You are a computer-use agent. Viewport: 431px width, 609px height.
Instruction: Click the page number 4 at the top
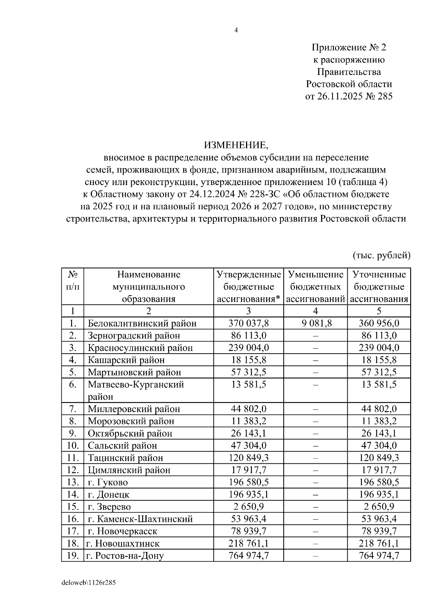tap(236, 30)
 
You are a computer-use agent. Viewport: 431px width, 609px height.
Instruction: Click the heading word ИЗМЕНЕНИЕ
tap(236, 145)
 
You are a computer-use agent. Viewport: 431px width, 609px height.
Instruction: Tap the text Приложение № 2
tap(349, 47)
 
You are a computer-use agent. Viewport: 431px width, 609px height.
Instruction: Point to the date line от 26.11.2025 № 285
tap(349, 96)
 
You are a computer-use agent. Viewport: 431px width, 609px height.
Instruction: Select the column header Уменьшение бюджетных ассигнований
tap(315, 287)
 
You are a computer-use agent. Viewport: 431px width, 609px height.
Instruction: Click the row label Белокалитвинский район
tap(142, 324)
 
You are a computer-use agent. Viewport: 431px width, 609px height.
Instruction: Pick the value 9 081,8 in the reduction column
tap(315, 324)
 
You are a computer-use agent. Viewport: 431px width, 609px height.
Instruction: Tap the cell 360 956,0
tap(379, 324)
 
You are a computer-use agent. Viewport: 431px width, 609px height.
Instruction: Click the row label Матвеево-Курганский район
tap(136, 390)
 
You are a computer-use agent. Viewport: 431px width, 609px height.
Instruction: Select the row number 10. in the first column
tap(73, 445)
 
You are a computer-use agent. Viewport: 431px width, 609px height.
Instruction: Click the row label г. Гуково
tap(108, 482)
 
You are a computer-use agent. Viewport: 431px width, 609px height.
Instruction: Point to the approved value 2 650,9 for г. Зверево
tap(249, 506)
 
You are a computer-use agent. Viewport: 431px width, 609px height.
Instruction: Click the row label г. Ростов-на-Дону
tap(125, 556)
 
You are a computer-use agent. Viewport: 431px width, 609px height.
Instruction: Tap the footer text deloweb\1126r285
tap(88, 583)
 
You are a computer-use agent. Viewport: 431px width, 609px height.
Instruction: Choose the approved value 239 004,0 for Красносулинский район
tap(249, 348)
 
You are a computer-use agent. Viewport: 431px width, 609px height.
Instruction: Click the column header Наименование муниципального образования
tap(149, 287)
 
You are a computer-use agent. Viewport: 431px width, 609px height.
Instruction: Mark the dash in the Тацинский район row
tap(315, 458)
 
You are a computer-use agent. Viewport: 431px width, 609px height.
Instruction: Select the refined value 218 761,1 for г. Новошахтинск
tap(379, 543)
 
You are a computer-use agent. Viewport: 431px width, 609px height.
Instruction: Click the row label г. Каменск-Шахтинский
tap(140, 519)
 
